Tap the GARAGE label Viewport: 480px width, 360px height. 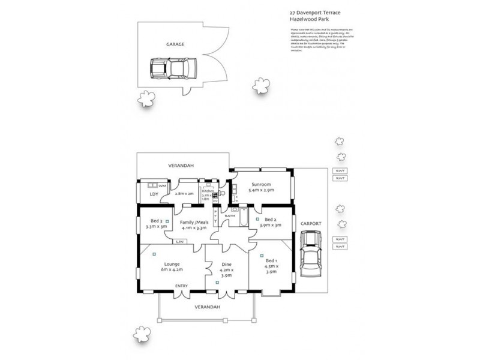(175, 44)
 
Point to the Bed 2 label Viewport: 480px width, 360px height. (270, 220)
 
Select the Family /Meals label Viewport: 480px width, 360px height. (194, 222)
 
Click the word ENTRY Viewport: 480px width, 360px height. (181, 286)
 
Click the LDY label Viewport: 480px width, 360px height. (153, 195)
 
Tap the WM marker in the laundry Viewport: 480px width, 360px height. (161, 186)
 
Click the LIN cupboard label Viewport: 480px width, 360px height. (180, 241)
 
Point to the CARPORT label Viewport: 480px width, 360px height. (311, 223)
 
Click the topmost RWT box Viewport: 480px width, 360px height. (340, 171)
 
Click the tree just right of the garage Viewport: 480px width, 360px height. (260, 86)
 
